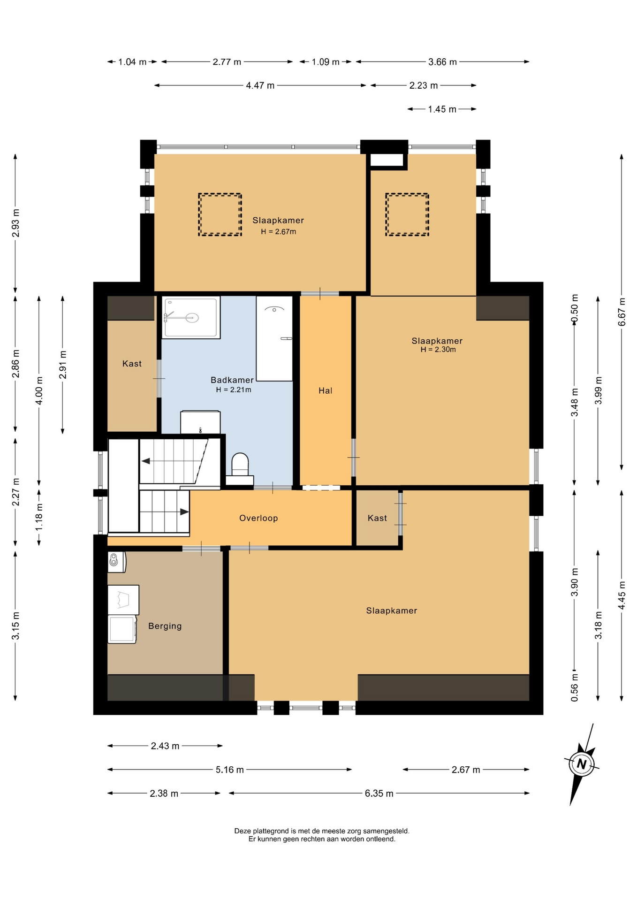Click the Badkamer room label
coord(232,380)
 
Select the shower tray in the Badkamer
coord(191,317)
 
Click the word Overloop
coord(258,518)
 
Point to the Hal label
coord(325,390)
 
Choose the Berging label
coord(165,626)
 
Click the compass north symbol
coord(582,764)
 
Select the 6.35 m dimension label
coord(379,794)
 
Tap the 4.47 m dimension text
coord(260,85)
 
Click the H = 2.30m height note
coord(438,350)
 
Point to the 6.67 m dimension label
coord(622,312)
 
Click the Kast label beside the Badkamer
coord(132,364)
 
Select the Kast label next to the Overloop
coord(377,518)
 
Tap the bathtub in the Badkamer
coord(274,338)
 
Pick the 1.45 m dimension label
coord(442,109)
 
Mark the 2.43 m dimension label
coord(165,746)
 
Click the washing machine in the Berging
coord(122,629)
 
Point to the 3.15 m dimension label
coord(16,626)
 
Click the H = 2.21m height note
coord(234,390)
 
